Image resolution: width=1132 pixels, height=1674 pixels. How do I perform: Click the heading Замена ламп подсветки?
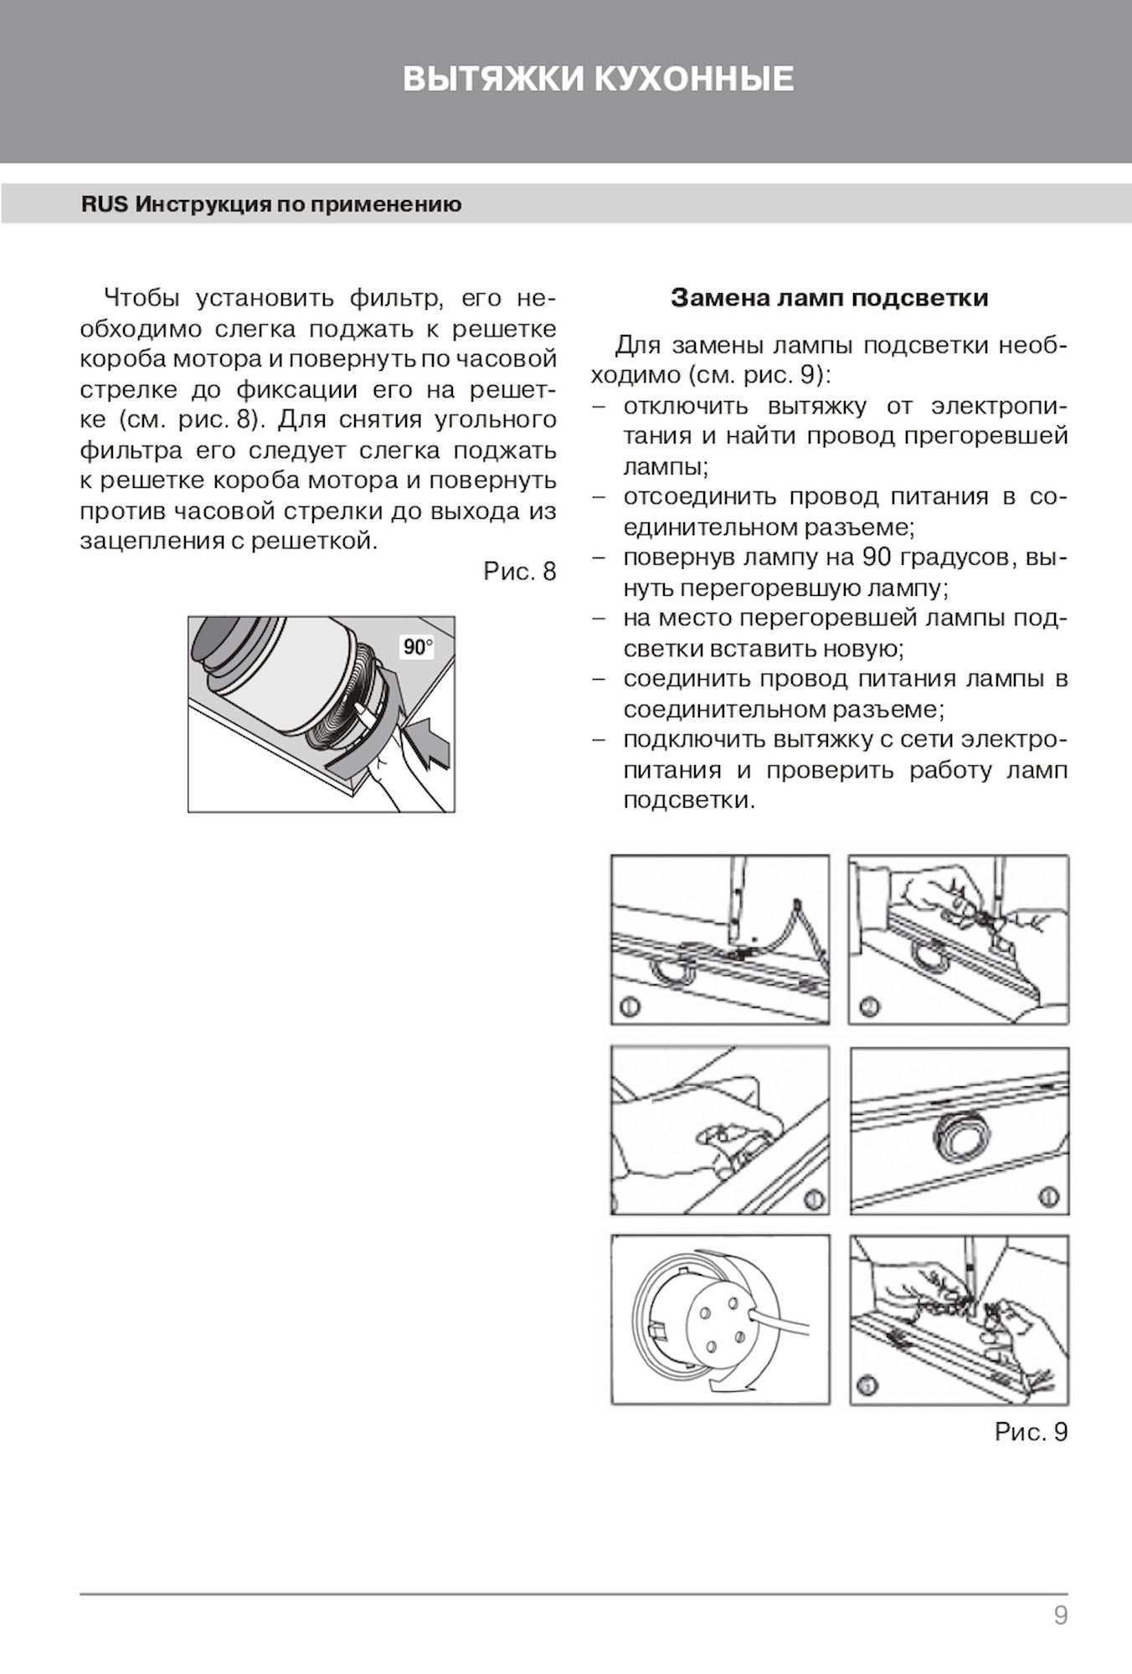829,298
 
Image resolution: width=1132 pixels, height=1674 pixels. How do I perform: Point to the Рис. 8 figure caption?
520,572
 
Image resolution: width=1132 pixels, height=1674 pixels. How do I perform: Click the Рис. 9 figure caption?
1031,1432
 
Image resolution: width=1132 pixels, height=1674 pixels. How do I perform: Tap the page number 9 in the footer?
1061,1615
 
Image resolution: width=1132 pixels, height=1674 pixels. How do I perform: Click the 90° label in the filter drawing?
418,647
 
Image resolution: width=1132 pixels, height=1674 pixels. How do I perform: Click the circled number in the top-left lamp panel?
630,1005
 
